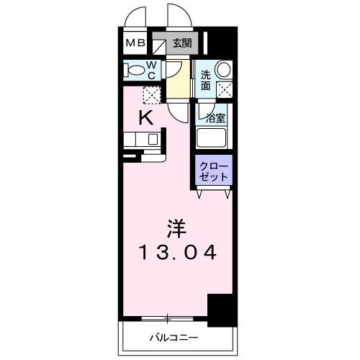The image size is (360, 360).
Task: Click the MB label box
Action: [136, 43]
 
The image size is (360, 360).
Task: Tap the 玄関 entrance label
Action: [181, 43]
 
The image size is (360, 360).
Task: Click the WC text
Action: [153, 69]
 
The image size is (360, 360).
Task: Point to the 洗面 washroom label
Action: [206, 80]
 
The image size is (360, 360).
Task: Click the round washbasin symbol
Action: [223, 70]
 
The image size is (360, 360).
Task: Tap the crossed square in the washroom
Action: [225, 91]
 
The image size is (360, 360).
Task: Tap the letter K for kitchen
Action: [145, 118]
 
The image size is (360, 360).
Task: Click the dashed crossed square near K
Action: [151, 94]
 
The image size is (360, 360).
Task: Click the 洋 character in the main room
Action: [178, 229]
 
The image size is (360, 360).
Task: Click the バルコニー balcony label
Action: [174, 336]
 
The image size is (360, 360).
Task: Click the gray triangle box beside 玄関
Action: [159, 43]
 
